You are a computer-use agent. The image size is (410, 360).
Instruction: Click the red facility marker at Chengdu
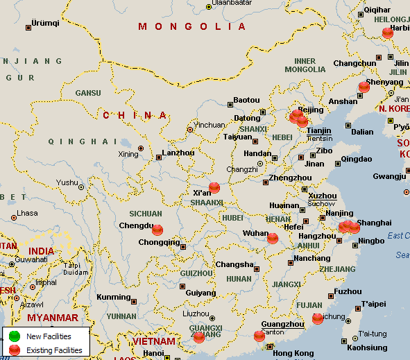pos(157,230)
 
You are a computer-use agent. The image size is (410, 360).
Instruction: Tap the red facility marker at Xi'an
pos(214,187)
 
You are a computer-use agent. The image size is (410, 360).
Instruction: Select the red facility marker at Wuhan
pos(273,238)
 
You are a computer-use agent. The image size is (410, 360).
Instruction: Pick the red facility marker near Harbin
pos(387,32)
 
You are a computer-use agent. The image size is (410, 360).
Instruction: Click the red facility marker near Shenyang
pos(364,87)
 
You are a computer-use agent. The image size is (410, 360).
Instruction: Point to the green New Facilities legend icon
pos(15,336)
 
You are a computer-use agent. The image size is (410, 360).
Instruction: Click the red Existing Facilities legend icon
pos(15,350)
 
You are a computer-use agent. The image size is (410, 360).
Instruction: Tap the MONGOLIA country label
pos(192,26)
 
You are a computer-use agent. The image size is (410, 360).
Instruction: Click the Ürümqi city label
pos(45,23)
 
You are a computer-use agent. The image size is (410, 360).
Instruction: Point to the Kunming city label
pos(113,297)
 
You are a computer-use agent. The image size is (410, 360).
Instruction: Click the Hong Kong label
pos(293,353)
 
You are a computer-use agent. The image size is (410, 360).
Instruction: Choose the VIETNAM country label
pos(155,341)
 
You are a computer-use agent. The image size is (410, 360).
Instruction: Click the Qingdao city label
pos(357,158)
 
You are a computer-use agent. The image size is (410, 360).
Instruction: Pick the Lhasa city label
pos(27,213)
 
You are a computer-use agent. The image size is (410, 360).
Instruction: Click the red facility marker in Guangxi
pos(199,337)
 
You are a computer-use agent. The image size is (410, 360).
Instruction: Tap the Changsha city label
pos(234,264)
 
